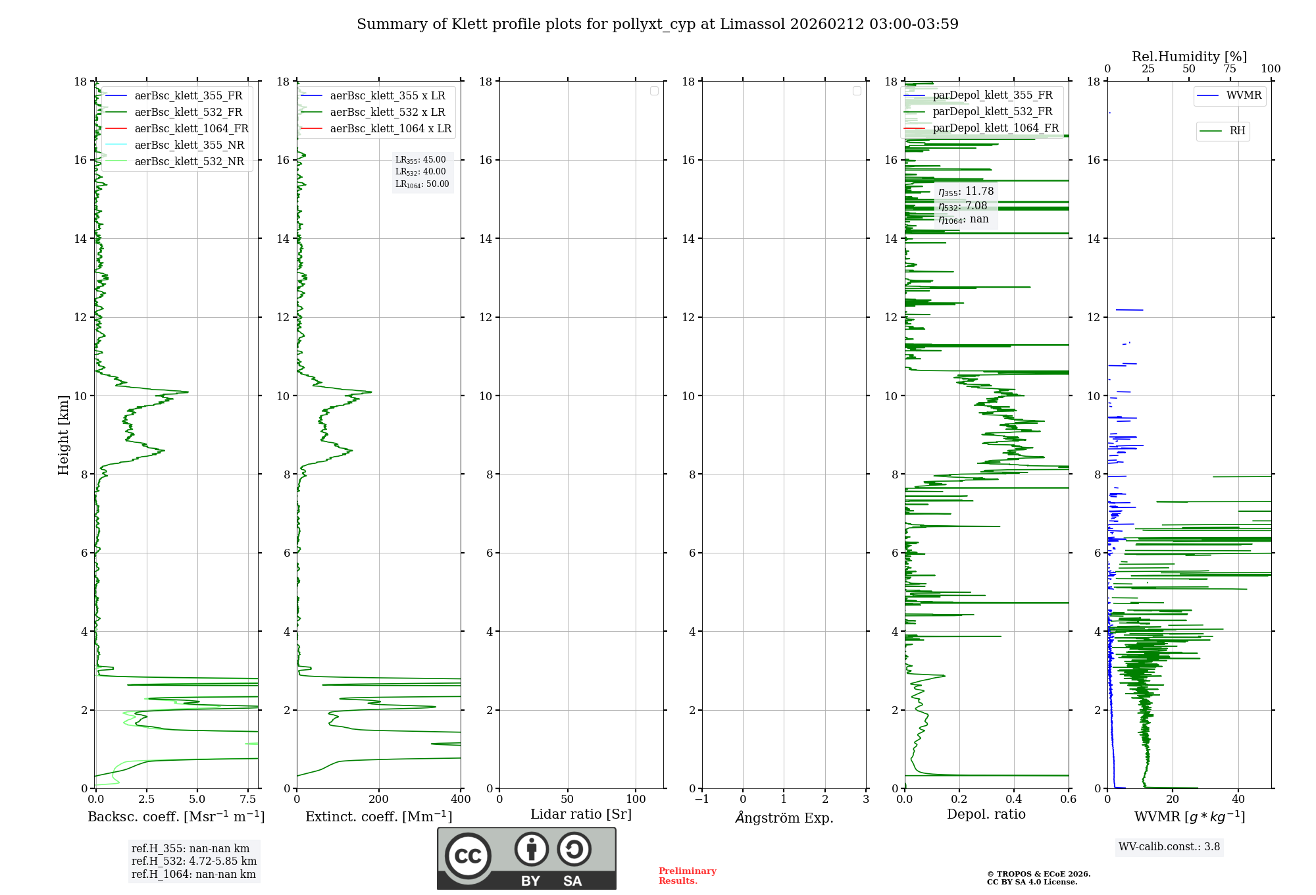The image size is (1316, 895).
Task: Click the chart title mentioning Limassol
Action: (x=657, y=24)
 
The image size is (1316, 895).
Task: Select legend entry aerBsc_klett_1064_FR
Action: (x=191, y=128)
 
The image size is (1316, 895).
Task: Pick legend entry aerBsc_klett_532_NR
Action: (x=189, y=161)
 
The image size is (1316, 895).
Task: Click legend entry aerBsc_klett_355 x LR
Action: (x=387, y=95)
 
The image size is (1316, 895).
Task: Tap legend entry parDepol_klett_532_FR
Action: (x=992, y=111)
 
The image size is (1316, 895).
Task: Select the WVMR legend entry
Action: (x=1243, y=95)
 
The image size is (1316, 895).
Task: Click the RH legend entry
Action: (x=1237, y=131)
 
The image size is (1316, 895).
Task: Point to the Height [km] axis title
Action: (x=63, y=434)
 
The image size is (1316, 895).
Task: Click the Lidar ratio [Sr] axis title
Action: (x=581, y=814)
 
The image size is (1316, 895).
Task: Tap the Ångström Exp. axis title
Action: (x=784, y=817)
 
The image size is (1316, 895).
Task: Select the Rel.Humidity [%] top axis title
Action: (x=1189, y=57)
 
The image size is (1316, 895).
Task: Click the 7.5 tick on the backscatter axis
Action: (x=248, y=800)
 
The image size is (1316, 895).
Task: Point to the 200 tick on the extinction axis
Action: (x=379, y=800)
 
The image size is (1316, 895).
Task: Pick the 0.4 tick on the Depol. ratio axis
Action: (x=1014, y=800)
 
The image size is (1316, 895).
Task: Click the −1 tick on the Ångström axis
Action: (x=702, y=800)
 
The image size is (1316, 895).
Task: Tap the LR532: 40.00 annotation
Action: (x=420, y=172)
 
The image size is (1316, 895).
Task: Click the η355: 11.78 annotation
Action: (x=966, y=192)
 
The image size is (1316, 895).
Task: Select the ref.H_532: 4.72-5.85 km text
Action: (x=194, y=861)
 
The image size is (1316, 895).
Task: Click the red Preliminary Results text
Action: (x=687, y=875)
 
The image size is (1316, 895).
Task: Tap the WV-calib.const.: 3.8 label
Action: (x=1169, y=847)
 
